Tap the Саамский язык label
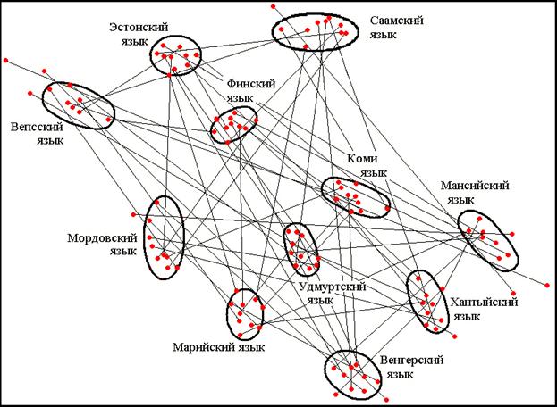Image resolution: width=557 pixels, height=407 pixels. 397,27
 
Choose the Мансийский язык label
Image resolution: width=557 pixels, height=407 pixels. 475,193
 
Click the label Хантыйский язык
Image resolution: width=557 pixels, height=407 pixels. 484,309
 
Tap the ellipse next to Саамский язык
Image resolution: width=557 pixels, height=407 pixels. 314,31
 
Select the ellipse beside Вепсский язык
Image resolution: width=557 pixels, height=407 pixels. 79,105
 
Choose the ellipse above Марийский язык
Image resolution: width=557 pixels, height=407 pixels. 243,312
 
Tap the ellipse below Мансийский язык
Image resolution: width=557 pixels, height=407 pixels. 488,239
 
